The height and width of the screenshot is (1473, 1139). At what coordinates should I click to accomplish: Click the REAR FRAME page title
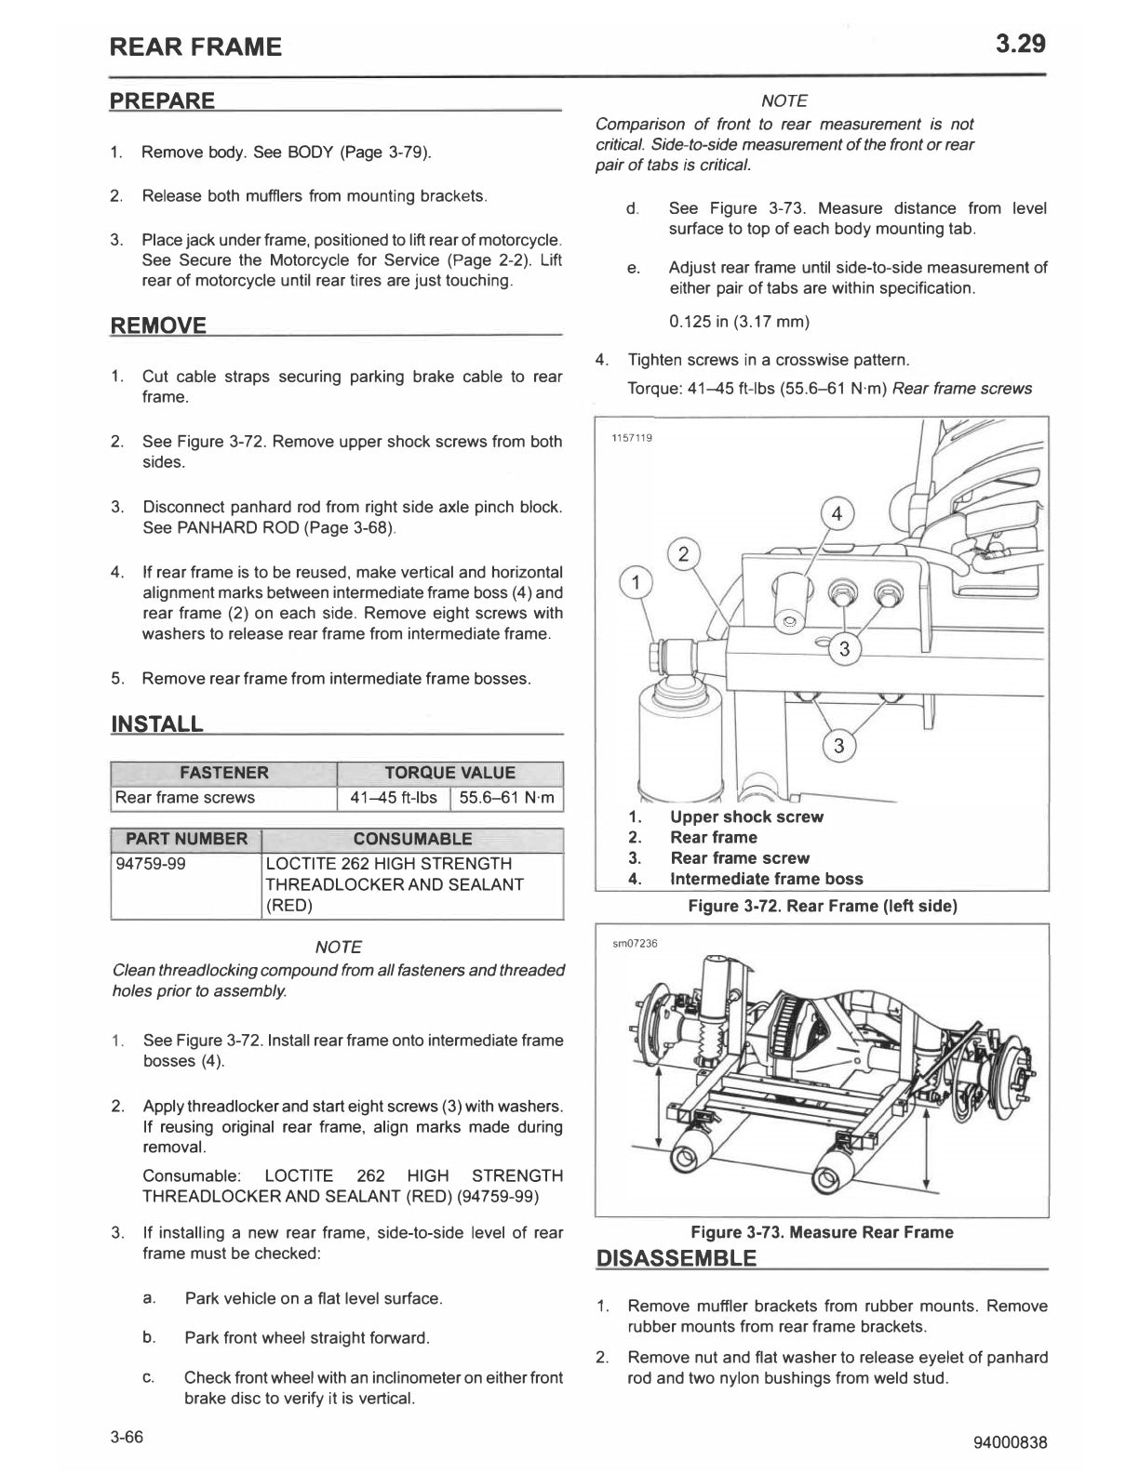[x=195, y=46]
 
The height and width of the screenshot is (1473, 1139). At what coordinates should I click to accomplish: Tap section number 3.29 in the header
[x=1020, y=43]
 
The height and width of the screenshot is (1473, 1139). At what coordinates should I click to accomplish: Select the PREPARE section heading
[x=163, y=100]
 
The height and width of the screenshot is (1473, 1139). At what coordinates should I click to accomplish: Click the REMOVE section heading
[x=158, y=325]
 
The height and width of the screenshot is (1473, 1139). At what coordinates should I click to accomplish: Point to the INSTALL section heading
[x=156, y=724]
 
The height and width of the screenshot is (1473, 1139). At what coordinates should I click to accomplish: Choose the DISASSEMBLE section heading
[x=677, y=1259]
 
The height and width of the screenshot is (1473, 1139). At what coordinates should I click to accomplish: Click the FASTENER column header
[x=223, y=773]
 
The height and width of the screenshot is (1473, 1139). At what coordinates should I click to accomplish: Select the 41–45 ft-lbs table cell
[x=393, y=798]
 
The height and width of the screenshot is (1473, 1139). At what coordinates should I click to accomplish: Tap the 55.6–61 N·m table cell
[x=507, y=798]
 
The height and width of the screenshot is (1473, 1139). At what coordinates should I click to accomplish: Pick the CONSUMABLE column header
[x=412, y=839]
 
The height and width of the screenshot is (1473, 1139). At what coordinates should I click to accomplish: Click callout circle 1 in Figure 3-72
[x=636, y=584]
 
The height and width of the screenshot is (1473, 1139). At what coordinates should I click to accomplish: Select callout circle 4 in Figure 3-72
[x=837, y=513]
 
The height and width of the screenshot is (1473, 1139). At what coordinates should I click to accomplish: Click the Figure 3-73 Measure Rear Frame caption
[x=822, y=1232]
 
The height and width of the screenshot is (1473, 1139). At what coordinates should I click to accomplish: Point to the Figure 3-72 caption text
[x=822, y=906]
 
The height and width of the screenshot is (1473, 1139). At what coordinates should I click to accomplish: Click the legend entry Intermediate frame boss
[x=766, y=879]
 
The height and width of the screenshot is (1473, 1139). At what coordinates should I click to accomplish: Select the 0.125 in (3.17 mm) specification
[x=739, y=322]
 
